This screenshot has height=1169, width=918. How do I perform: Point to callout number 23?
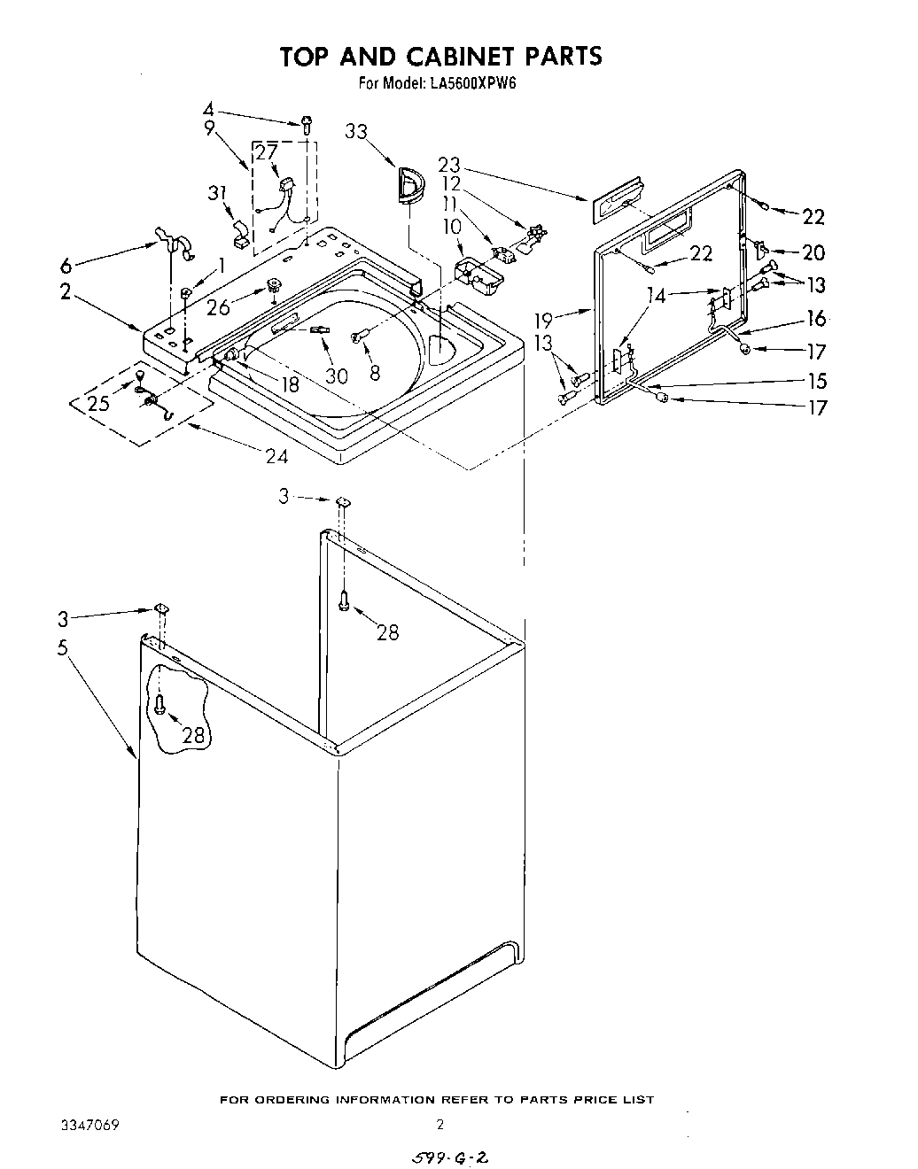pyautogui.click(x=450, y=165)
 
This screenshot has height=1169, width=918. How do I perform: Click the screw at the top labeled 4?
pyautogui.click(x=307, y=125)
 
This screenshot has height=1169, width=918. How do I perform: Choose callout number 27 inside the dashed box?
pyautogui.click(x=266, y=151)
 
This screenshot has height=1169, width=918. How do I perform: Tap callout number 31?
pyautogui.click(x=217, y=193)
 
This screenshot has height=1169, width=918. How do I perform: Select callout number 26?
pyautogui.click(x=218, y=306)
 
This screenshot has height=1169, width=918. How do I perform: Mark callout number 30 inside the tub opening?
pyautogui.click(x=336, y=375)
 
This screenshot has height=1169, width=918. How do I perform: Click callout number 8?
pyautogui.click(x=375, y=374)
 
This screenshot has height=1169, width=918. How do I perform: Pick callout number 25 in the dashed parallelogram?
pyautogui.click(x=99, y=405)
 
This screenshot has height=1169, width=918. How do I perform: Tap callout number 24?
pyautogui.click(x=276, y=456)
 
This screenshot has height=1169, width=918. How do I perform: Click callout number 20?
pyautogui.click(x=813, y=252)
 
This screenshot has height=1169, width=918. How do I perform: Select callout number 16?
pyautogui.click(x=816, y=319)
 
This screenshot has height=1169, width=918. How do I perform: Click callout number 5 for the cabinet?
pyautogui.click(x=62, y=647)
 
